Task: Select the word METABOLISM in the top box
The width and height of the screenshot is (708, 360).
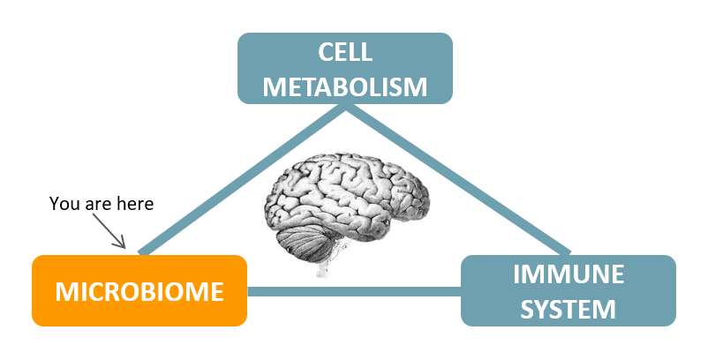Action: pos(345,86)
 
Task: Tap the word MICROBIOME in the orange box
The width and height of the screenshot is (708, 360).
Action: pos(139,291)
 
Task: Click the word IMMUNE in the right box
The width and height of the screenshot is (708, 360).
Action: pos(569,275)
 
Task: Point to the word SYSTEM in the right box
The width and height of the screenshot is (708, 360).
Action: pos(569,308)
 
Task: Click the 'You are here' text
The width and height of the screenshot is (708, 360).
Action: pos(102,204)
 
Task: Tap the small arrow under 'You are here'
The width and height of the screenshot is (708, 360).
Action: pos(117,235)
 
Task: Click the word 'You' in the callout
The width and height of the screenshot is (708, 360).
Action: pos(64,204)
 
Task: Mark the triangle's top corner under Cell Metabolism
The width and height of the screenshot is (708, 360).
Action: pos(346,108)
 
